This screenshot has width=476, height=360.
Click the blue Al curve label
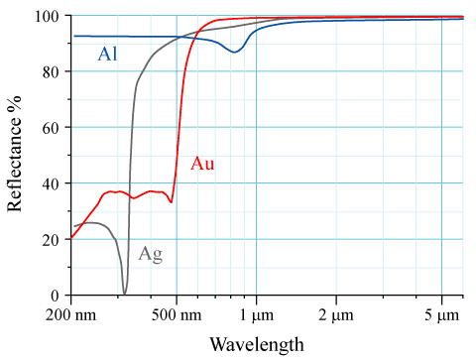pos(108,55)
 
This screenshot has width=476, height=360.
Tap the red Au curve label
pos(202,164)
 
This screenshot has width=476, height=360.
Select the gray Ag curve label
pos(150,253)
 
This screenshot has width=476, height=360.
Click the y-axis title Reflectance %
pos(15,156)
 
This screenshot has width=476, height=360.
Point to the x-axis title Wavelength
pos(257,344)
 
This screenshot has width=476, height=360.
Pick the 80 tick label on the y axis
pos(51,72)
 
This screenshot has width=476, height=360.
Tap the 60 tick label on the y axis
pos(51,128)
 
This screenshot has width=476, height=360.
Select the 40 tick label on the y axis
pos(51,183)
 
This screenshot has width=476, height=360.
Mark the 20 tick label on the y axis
pos(51,240)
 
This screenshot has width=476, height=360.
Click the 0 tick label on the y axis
pos(56,296)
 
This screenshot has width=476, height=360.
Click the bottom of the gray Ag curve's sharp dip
pos(124,293)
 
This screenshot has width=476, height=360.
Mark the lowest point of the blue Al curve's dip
pos(234,52)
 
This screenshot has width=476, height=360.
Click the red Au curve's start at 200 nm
pos(70,238)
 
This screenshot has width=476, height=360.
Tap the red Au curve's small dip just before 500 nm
pos(171,202)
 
